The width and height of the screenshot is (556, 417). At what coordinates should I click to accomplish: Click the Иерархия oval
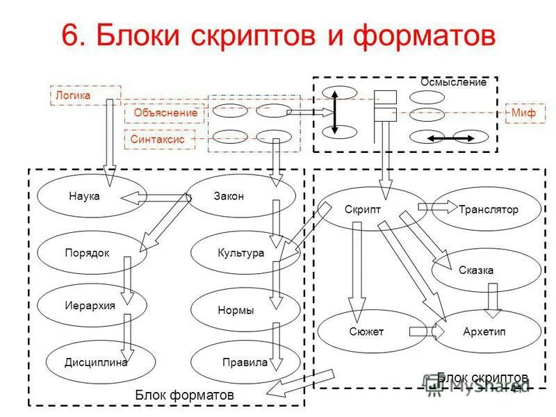91,305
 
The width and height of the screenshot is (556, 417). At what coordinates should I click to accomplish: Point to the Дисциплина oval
91,362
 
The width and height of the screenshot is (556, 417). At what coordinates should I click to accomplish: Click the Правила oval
245,362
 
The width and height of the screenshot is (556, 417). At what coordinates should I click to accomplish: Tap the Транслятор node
486,209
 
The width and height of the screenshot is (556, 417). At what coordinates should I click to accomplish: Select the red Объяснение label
165,113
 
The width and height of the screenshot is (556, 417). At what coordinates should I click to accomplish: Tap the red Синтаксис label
158,139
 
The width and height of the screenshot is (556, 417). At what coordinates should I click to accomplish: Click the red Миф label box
525,113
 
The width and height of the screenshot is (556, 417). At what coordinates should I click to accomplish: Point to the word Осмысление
454,82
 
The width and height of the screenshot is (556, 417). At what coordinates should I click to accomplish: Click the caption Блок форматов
184,394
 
